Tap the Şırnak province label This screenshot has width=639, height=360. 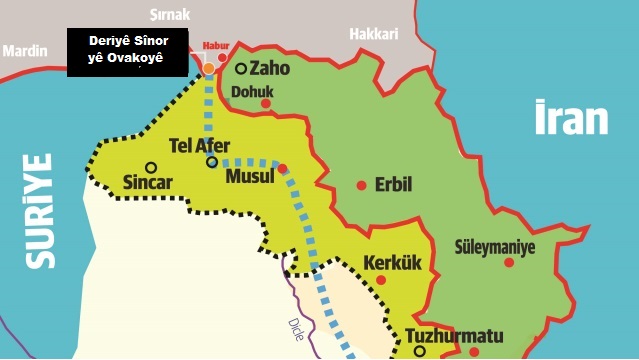(x=168, y=16)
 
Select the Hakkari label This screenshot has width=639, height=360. (x=373, y=34)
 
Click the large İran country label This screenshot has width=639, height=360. (x=571, y=117)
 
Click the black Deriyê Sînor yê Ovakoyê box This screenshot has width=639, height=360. (x=127, y=52)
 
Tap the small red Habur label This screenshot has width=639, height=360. (x=216, y=46)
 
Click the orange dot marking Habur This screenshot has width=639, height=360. (x=209, y=68)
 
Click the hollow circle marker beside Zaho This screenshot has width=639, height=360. (x=241, y=69)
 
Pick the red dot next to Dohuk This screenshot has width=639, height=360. (x=266, y=103)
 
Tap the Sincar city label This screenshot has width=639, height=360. (x=147, y=183)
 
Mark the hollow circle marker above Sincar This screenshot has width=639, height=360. (x=150, y=167)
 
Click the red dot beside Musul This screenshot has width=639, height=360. (x=282, y=168)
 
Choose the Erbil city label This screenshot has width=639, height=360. (x=392, y=185)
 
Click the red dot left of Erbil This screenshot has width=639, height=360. (x=361, y=185)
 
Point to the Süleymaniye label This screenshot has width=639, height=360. (x=495, y=245)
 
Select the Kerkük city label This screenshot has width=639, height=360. (x=392, y=263)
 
